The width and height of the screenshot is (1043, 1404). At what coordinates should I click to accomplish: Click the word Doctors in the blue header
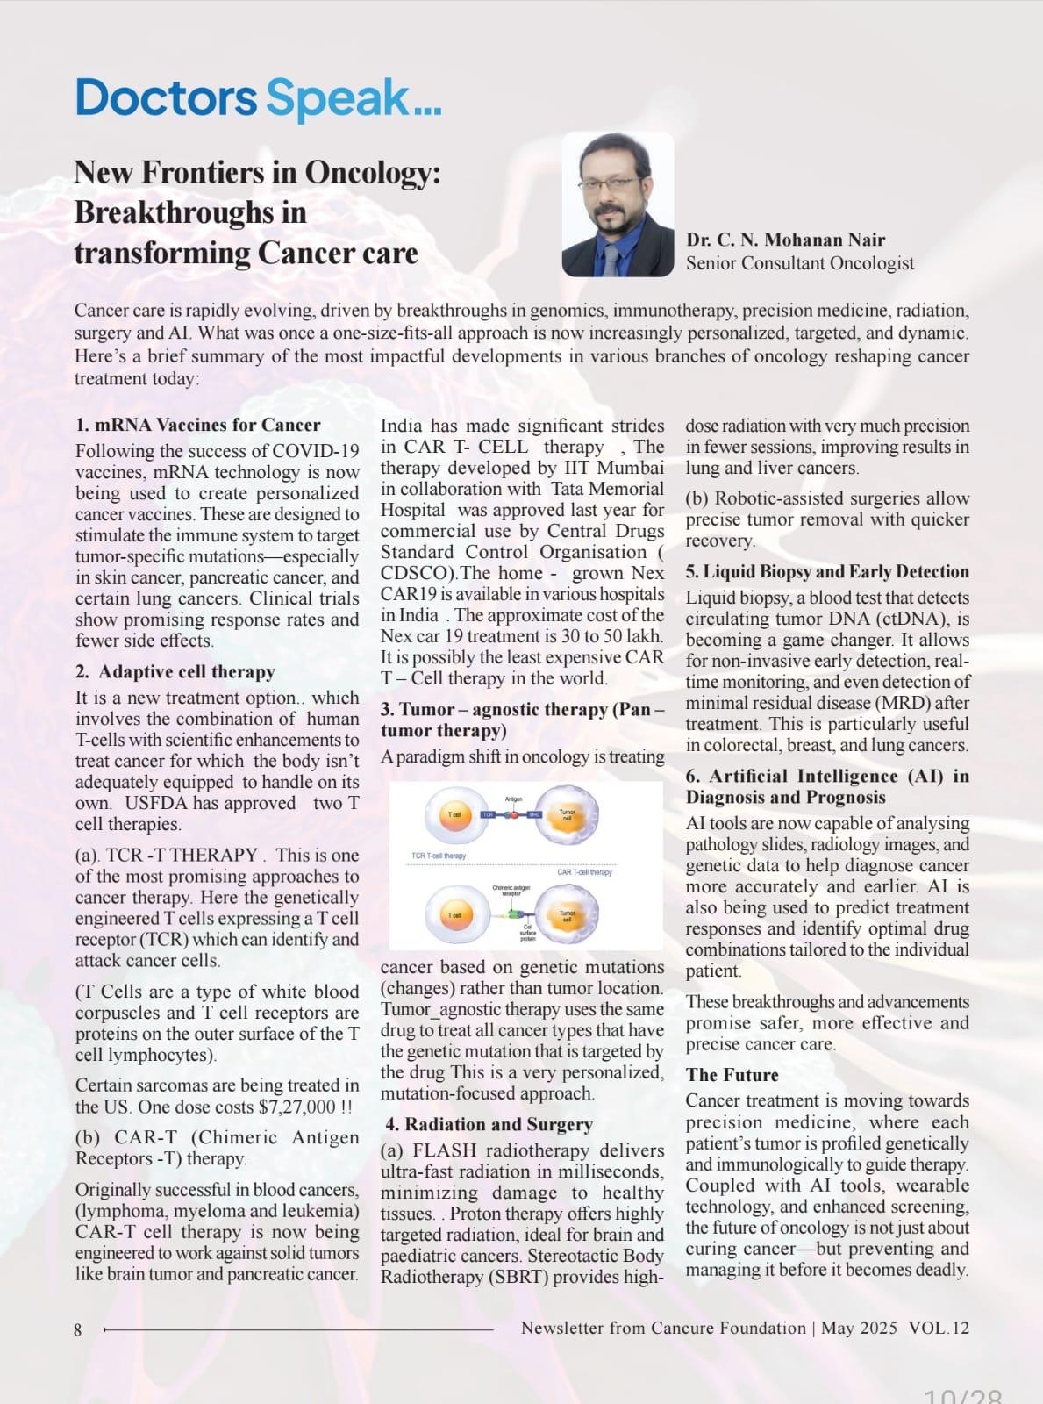166,98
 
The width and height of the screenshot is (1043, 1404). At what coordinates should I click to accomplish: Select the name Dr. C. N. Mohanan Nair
785,240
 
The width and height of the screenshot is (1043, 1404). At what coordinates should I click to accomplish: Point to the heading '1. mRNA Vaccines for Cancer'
198,425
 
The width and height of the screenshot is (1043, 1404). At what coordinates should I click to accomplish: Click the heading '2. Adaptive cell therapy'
175,671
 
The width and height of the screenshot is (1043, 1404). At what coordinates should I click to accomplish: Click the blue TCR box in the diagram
488,815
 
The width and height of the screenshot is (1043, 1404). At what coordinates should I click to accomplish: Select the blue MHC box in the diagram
534,815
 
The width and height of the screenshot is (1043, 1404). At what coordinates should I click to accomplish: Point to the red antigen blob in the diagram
511,814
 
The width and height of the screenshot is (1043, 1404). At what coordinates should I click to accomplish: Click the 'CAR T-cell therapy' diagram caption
584,872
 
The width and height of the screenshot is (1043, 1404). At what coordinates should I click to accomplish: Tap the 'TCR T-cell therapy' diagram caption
439,856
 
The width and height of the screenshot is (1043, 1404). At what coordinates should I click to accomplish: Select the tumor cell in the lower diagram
567,916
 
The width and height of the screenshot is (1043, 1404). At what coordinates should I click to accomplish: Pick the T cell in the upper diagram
454,815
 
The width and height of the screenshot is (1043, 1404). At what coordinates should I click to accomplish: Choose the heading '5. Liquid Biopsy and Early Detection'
827,571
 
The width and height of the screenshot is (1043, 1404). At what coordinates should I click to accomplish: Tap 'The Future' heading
732,1075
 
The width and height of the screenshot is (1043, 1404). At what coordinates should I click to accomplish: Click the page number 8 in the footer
77,1329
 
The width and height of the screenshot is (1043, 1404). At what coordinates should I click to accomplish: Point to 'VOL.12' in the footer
939,1328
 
